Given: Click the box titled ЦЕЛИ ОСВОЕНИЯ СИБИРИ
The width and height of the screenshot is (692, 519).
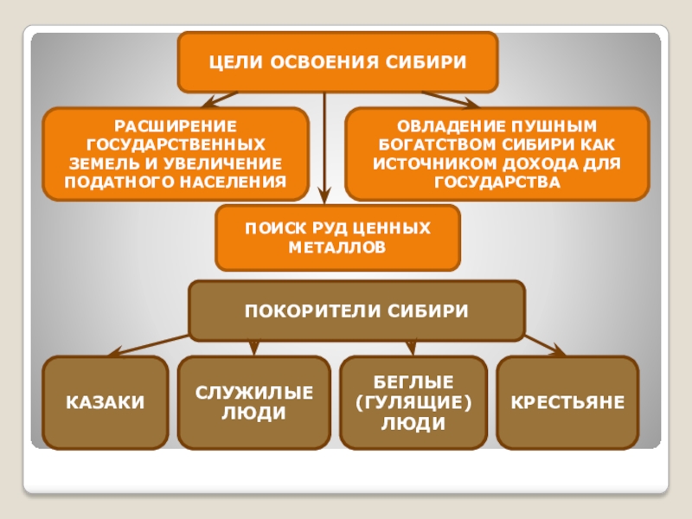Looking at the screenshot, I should (x=337, y=62).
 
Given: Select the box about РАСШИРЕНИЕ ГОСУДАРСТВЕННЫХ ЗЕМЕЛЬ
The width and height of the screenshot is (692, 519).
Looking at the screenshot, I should (x=176, y=154).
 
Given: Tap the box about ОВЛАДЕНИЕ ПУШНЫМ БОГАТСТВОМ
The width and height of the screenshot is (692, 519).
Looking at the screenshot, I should (x=497, y=154).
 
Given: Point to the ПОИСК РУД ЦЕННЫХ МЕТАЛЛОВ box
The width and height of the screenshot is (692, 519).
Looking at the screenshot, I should (x=337, y=237).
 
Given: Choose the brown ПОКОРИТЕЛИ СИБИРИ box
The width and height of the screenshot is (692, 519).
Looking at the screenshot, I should (x=356, y=310).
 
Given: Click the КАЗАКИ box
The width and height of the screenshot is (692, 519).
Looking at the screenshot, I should (x=106, y=403).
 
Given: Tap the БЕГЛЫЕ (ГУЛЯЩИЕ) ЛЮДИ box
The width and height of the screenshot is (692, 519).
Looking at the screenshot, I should (x=412, y=403).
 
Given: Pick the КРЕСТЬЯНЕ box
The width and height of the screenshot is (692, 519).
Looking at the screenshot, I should (x=567, y=403).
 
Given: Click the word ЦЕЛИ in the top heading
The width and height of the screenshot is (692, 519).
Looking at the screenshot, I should (x=234, y=62).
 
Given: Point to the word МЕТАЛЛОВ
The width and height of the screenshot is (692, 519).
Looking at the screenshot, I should (x=337, y=247).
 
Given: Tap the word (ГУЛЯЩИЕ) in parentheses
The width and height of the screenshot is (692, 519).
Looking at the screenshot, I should (x=412, y=403).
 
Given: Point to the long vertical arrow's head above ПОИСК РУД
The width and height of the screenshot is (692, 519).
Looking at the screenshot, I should (x=324, y=197).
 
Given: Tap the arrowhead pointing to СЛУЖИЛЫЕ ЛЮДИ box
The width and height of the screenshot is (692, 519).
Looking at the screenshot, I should (x=253, y=349).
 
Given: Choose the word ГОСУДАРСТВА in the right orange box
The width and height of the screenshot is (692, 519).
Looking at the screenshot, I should (x=497, y=183).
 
